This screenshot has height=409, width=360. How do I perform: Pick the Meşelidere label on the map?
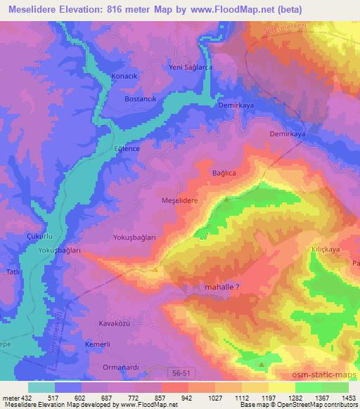(x=182, y=200)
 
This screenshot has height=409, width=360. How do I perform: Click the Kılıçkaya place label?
(x=326, y=249)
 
